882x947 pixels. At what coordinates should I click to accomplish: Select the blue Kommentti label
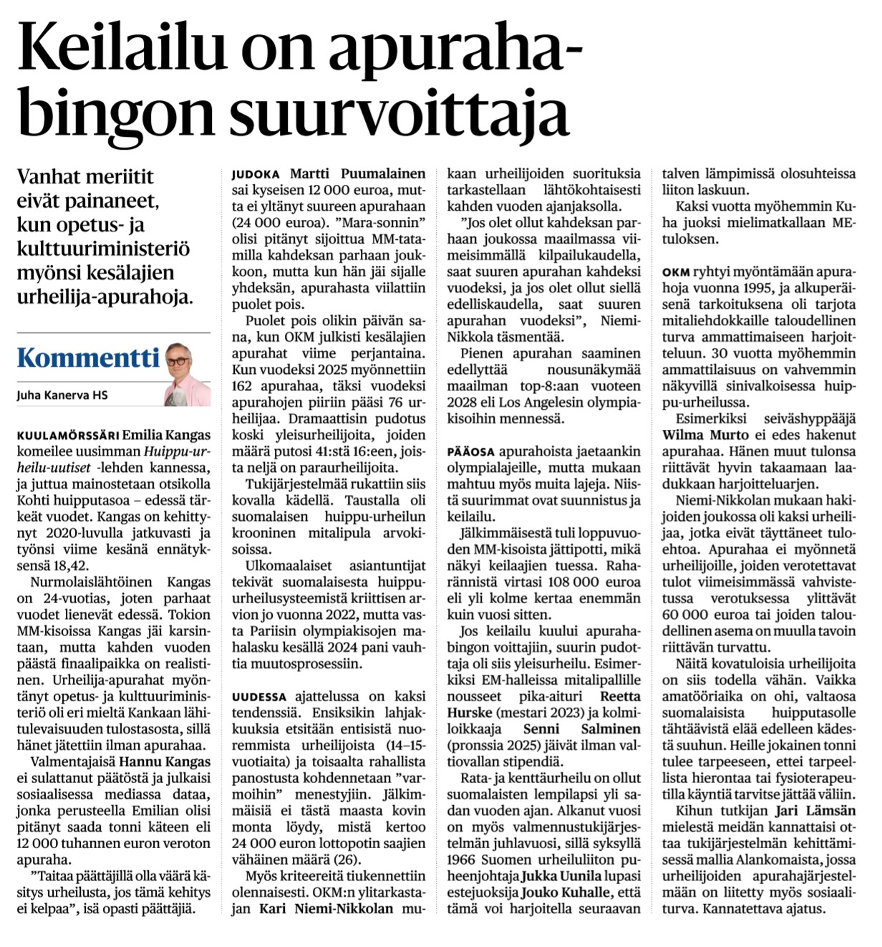[88, 357]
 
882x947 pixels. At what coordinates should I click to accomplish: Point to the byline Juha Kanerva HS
[62, 395]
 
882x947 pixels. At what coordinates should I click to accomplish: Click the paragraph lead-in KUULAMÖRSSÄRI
[68, 436]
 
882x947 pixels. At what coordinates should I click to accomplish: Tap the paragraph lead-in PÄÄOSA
[470, 452]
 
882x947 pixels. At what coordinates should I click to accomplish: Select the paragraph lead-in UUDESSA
[259, 696]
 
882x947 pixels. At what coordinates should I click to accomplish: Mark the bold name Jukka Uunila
[560, 876]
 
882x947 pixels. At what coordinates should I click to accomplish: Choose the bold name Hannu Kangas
[165, 761]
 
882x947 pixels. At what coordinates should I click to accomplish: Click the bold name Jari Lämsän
[815, 811]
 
